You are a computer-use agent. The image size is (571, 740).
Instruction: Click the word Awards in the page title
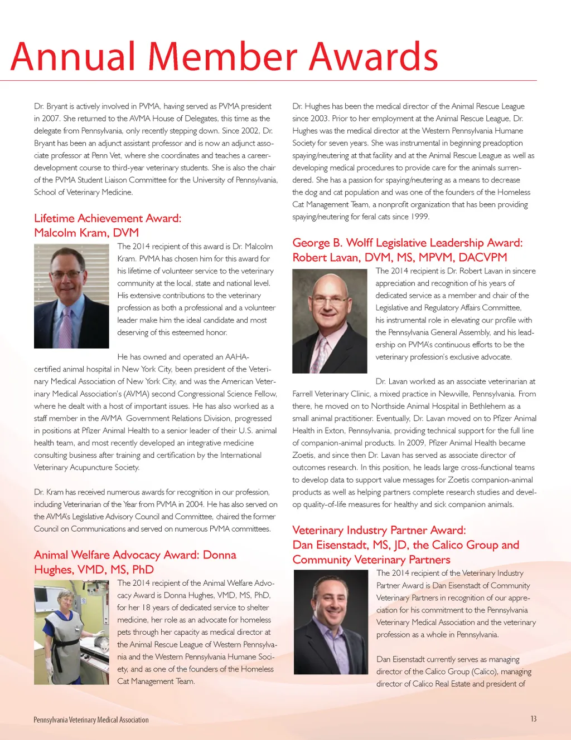(374, 57)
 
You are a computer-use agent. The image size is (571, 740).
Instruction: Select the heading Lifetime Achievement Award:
(108, 218)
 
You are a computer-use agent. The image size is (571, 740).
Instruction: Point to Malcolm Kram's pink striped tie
(67, 326)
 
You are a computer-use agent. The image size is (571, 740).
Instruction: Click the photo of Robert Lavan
(330, 321)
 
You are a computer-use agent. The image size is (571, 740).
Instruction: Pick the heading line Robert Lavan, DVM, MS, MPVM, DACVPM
(400, 257)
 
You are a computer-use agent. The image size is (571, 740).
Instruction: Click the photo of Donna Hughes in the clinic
(71, 632)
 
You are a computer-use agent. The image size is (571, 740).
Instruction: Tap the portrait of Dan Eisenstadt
(331, 623)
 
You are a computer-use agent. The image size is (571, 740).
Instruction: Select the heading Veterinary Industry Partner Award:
(379, 530)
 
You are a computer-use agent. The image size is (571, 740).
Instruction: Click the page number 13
(533, 719)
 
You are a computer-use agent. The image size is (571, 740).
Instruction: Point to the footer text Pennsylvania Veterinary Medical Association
(91, 720)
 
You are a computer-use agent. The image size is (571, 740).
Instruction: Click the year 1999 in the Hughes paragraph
(419, 217)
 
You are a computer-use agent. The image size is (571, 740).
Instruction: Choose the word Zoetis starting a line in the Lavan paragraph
(303, 455)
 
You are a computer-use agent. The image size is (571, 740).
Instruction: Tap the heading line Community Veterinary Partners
(371, 560)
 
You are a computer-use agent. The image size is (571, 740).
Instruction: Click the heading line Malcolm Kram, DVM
(86, 233)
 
